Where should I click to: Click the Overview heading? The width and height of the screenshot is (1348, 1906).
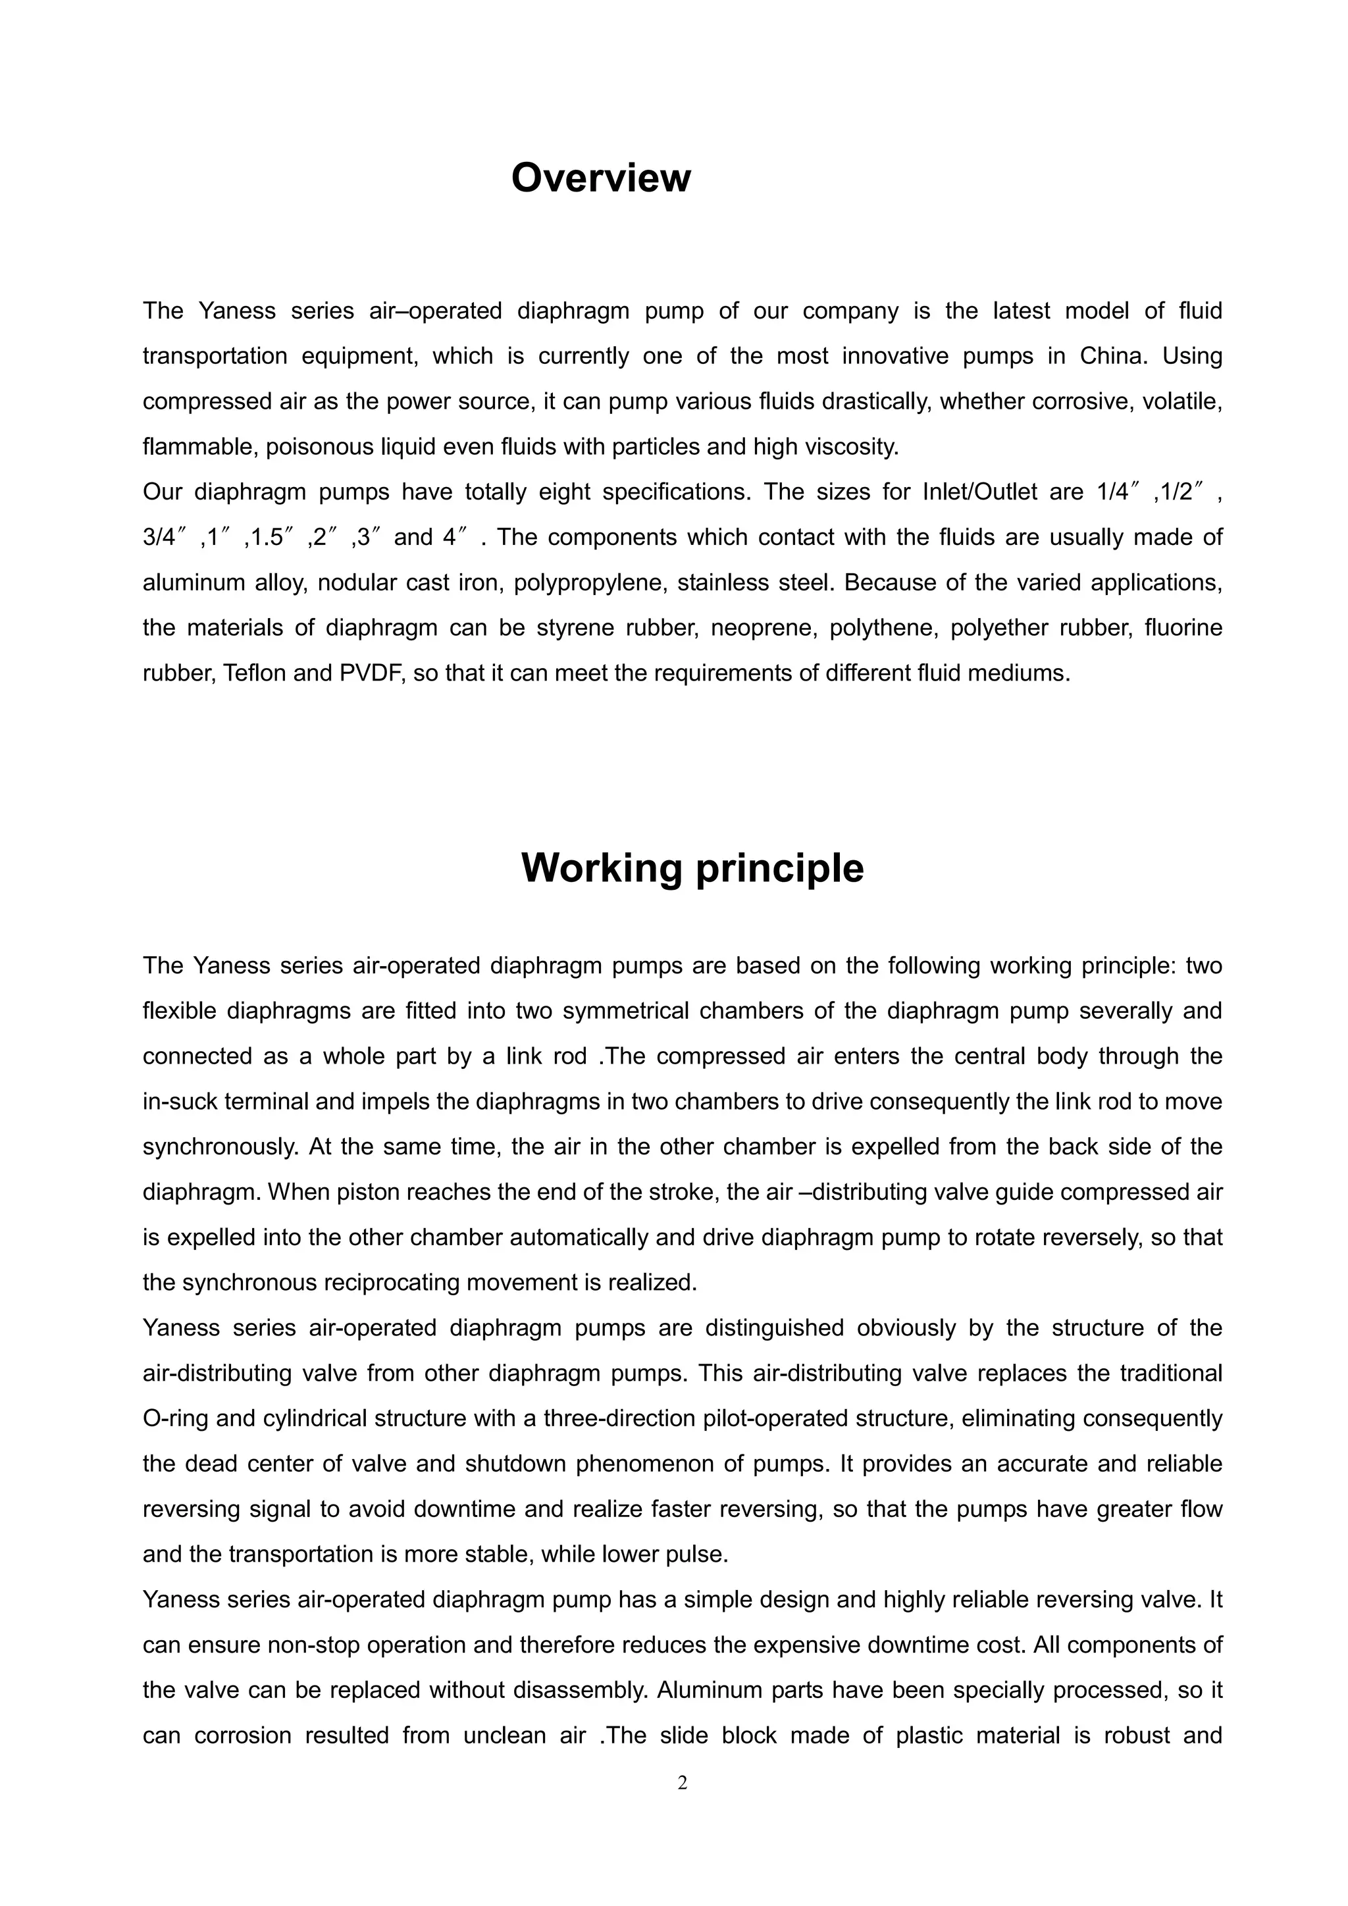coord(600,178)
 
